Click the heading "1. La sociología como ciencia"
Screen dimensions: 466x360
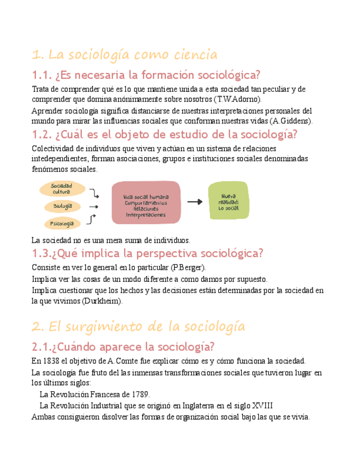125,55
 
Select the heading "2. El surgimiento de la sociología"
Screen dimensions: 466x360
138,327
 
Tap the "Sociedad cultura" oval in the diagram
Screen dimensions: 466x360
62,189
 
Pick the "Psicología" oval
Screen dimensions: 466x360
62,224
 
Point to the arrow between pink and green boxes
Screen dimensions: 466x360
195,202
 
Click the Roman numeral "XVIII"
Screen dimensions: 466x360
262,406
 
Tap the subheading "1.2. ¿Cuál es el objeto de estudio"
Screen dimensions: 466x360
164,135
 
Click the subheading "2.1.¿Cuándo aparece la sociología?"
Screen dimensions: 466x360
123,347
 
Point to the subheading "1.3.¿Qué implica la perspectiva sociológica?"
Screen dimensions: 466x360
147,253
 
